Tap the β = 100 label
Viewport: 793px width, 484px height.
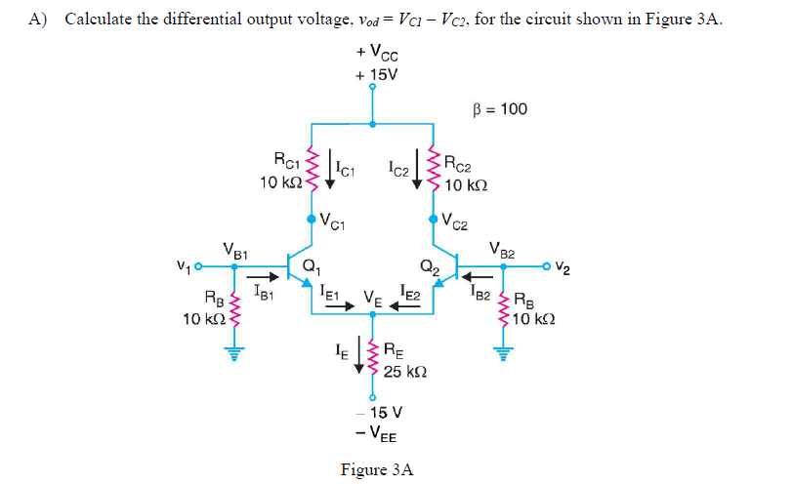click(499, 108)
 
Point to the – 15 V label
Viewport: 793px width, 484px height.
click(376, 413)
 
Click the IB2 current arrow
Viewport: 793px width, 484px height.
click(481, 275)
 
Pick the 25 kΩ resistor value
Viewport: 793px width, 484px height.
click(403, 372)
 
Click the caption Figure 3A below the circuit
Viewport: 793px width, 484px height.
click(376, 469)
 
